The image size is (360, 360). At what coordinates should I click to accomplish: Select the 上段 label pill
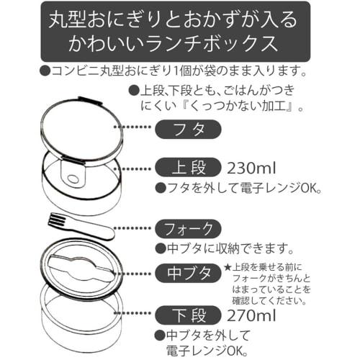click(x=186, y=168)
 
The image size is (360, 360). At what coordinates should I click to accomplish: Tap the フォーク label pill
click(x=186, y=230)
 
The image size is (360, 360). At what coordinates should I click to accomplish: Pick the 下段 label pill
click(x=186, y=314)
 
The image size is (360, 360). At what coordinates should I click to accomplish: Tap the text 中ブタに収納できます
click(x=229, y=249)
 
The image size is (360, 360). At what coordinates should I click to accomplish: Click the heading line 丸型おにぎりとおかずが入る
click(x=179, y=17)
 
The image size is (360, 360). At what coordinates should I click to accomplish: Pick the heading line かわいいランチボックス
click(x=179, y=44)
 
